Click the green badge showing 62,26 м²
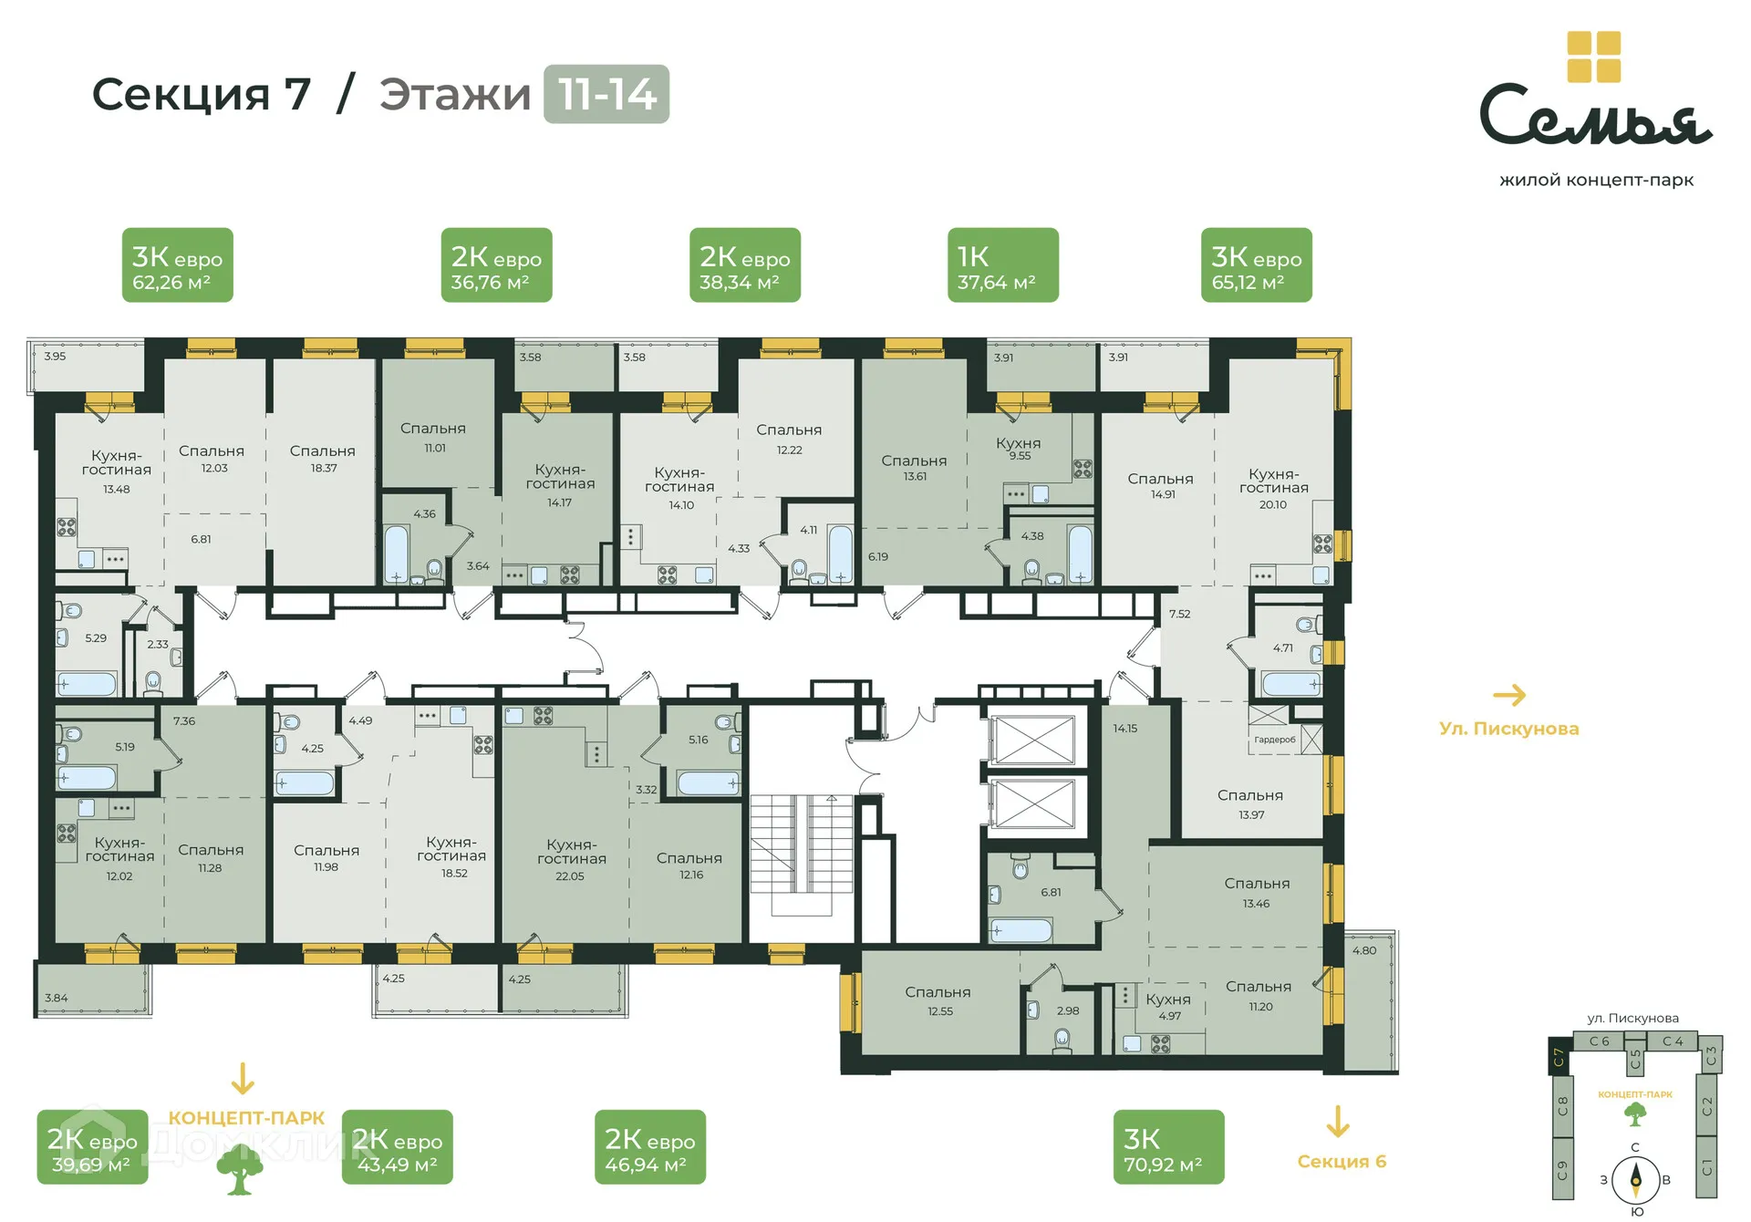[x=177, y=265]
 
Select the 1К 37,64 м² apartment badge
[x=1002, y=265]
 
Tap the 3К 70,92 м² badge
[x=1168, y=1147]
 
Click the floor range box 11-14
[x=606, y=94]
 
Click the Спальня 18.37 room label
[x=323, y=458]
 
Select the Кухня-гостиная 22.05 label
[x=571, y=859]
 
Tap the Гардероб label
[x=1274, y=740]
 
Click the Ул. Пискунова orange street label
[x=1508, y=729]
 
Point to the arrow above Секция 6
[x=1337, y=1122]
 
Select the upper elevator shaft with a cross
[x=1033, y=740]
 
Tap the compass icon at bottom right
[x=1635, y=1180]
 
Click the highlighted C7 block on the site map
[x=1559, y=1057]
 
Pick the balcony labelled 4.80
[x=1368, y=1003]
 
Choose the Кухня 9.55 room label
[x=1019, y=448]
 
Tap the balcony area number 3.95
[x=55, y=356]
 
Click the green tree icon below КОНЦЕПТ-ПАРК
[x=239, y=1170]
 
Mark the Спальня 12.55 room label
[x=938, y=999]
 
